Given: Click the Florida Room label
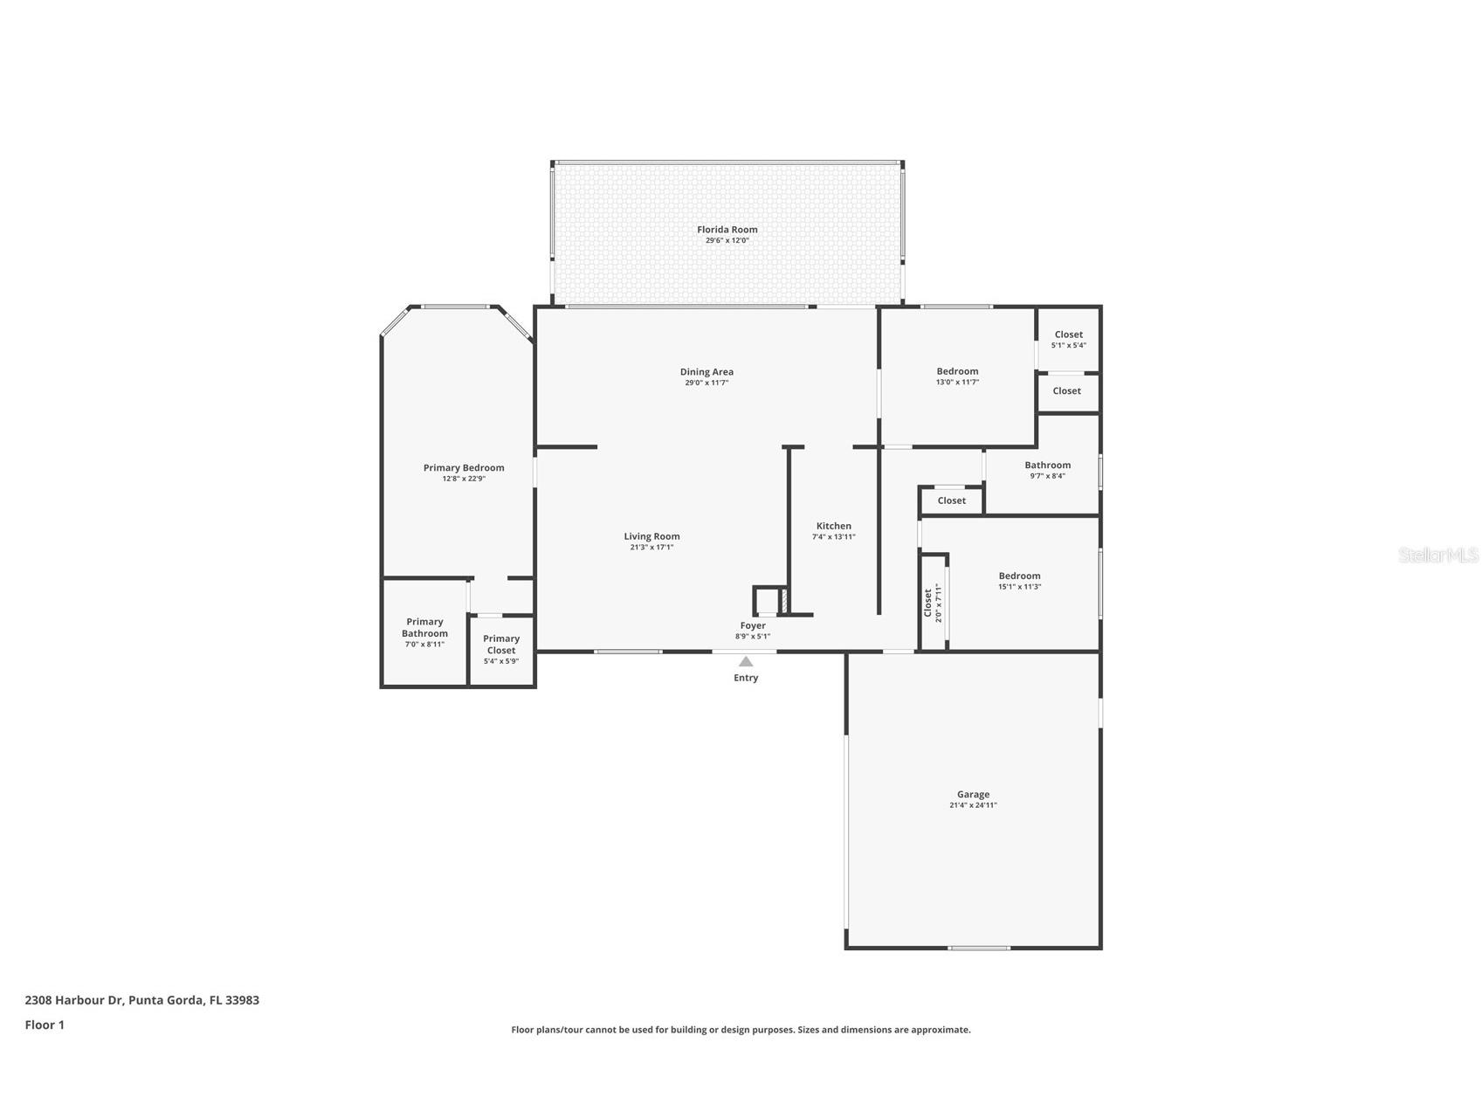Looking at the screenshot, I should pyautogui.click(x=727, y=230).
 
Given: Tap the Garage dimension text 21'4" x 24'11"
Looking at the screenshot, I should pyautogui.click(x=973, y=805).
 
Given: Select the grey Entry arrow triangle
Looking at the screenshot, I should pyautogui.click(x=746, y=662).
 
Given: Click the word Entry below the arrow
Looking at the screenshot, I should pyautogui.click(x=746, y=678).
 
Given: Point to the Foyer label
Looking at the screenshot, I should pyautogui.click(x=753, y=625).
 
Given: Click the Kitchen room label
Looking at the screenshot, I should pyautogui.click(x=833, y=526).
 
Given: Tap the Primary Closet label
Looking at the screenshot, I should pyautogui.click(x=501, y=645).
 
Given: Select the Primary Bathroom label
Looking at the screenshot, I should pyautogui.click(x=424, y=627).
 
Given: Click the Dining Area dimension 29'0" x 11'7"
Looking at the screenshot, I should pyautogui.click(x=707, y=383).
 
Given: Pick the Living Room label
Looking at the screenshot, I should pyautogui.click(x=651, y=536).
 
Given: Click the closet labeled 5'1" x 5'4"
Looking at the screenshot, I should pyautogui.click(x=1068, y=339).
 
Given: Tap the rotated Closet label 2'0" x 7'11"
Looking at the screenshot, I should pyautogui.click(x=933, y=603).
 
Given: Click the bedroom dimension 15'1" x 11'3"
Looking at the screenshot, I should pyautogui.click(x=1019, y=587).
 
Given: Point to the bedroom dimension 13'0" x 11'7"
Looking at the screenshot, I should pyautogui.click(x=957, y=382).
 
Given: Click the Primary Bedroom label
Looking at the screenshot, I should pyautogui.click(x=464, y=467).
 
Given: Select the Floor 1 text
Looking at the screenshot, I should pyautogui.click(x=45, y=1025).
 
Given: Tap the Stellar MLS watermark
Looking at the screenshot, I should pyautogui.click(x=1437, y=555).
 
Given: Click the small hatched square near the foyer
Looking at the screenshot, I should pyautogui.click(x=784, y=601).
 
